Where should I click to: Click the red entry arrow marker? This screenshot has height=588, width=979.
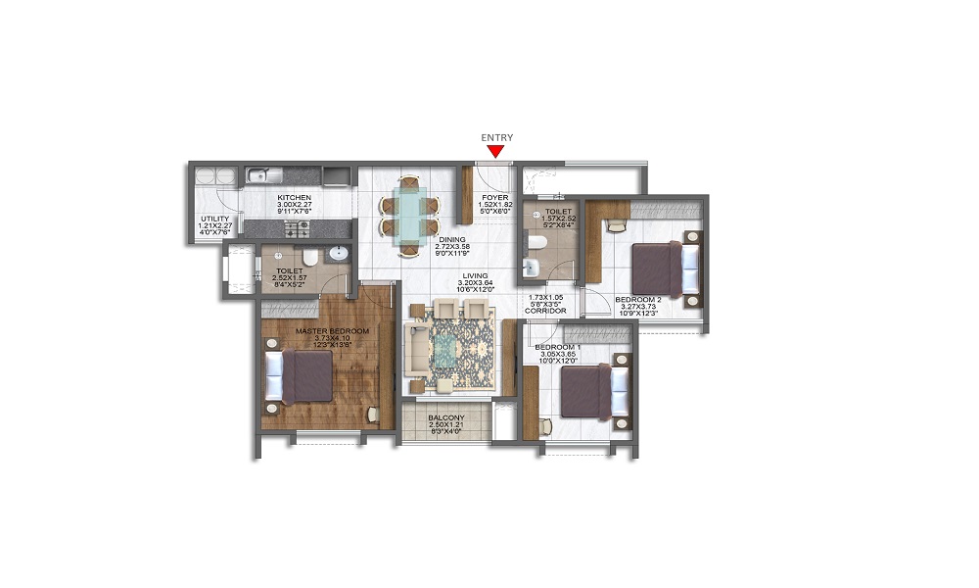pyautogui.click(x=496, y=151)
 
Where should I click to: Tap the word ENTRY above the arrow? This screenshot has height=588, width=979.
pyautogui.click(x=496, y=138)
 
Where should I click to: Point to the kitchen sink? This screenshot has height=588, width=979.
pyautogui.click(x=260, y=176)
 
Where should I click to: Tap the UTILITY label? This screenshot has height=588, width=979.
pyautogui.click(x=214, y=219)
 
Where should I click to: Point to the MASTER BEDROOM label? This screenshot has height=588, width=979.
pyautogui.click(x=333, y=331)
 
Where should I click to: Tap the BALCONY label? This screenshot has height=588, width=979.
pyautogui.click(x=445, y=417)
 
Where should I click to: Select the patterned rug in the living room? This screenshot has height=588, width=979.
pyautogui.click(x=452, y=348)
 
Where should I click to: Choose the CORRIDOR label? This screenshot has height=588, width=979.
pyautogui.click(x=548, y=311)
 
